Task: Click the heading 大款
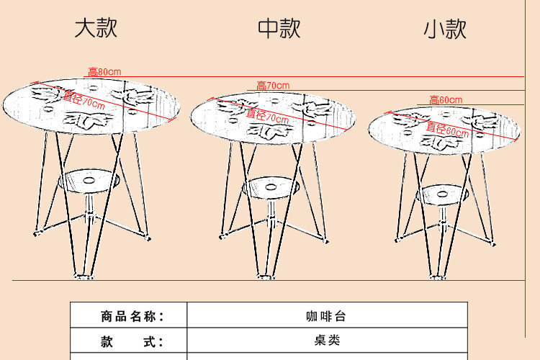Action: tap(96, 29)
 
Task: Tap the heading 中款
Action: tap(279, 29)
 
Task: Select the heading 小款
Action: tap(445, 29)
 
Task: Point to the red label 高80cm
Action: tap(104, 72)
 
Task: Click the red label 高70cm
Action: tap(273, 86)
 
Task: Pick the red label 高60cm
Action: tap(446, 100)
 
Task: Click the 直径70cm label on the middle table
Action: tap(262, 115)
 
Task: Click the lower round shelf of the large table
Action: tap(89, 179)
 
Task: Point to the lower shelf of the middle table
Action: tap(271, 187)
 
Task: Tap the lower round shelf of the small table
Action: tap(444, 194)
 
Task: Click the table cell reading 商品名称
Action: tap(129, 316)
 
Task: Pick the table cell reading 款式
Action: tap(129, 341)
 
